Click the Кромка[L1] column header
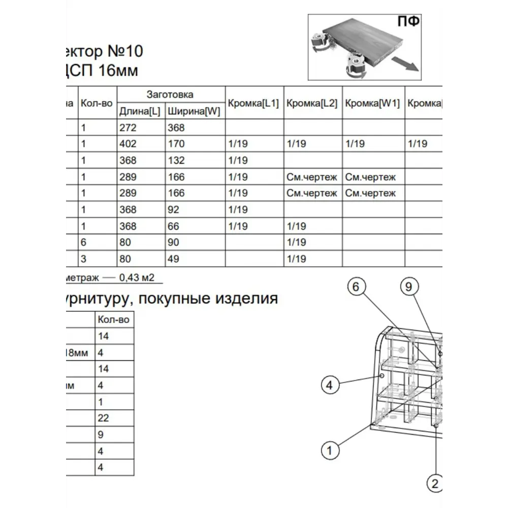click(253, 103)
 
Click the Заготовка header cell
click(170, 94)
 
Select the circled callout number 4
click(330, 386)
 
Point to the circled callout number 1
click(330, 450)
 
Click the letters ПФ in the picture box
click(408, 22)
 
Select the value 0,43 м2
click(137, 278)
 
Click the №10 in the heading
click(125, 51)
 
